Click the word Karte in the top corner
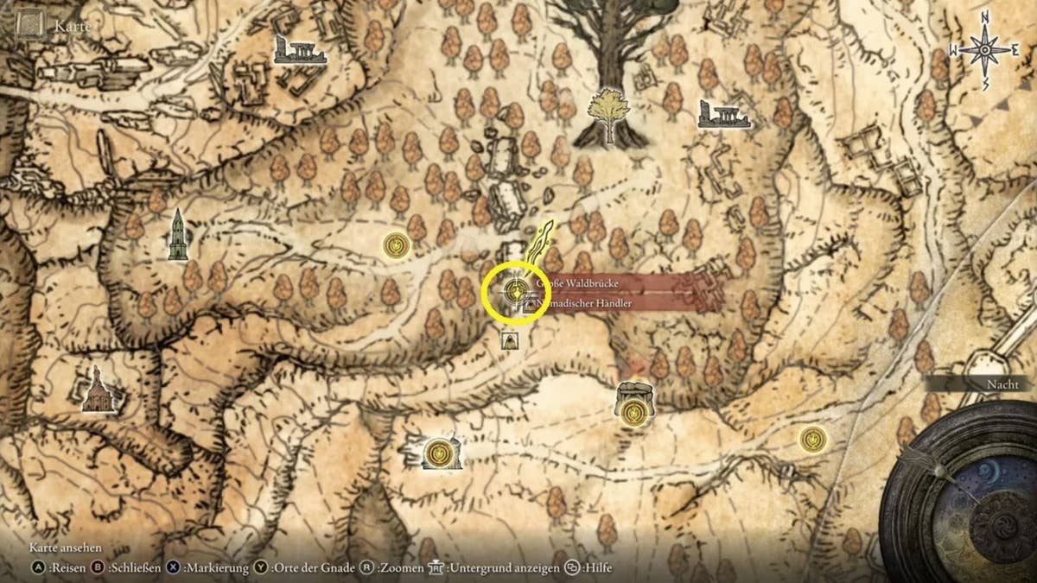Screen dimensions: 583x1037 (73, 26)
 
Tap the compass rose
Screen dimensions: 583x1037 (985, 50)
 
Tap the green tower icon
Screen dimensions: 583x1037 (178, 236)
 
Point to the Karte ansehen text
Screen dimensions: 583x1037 (66, 548)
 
